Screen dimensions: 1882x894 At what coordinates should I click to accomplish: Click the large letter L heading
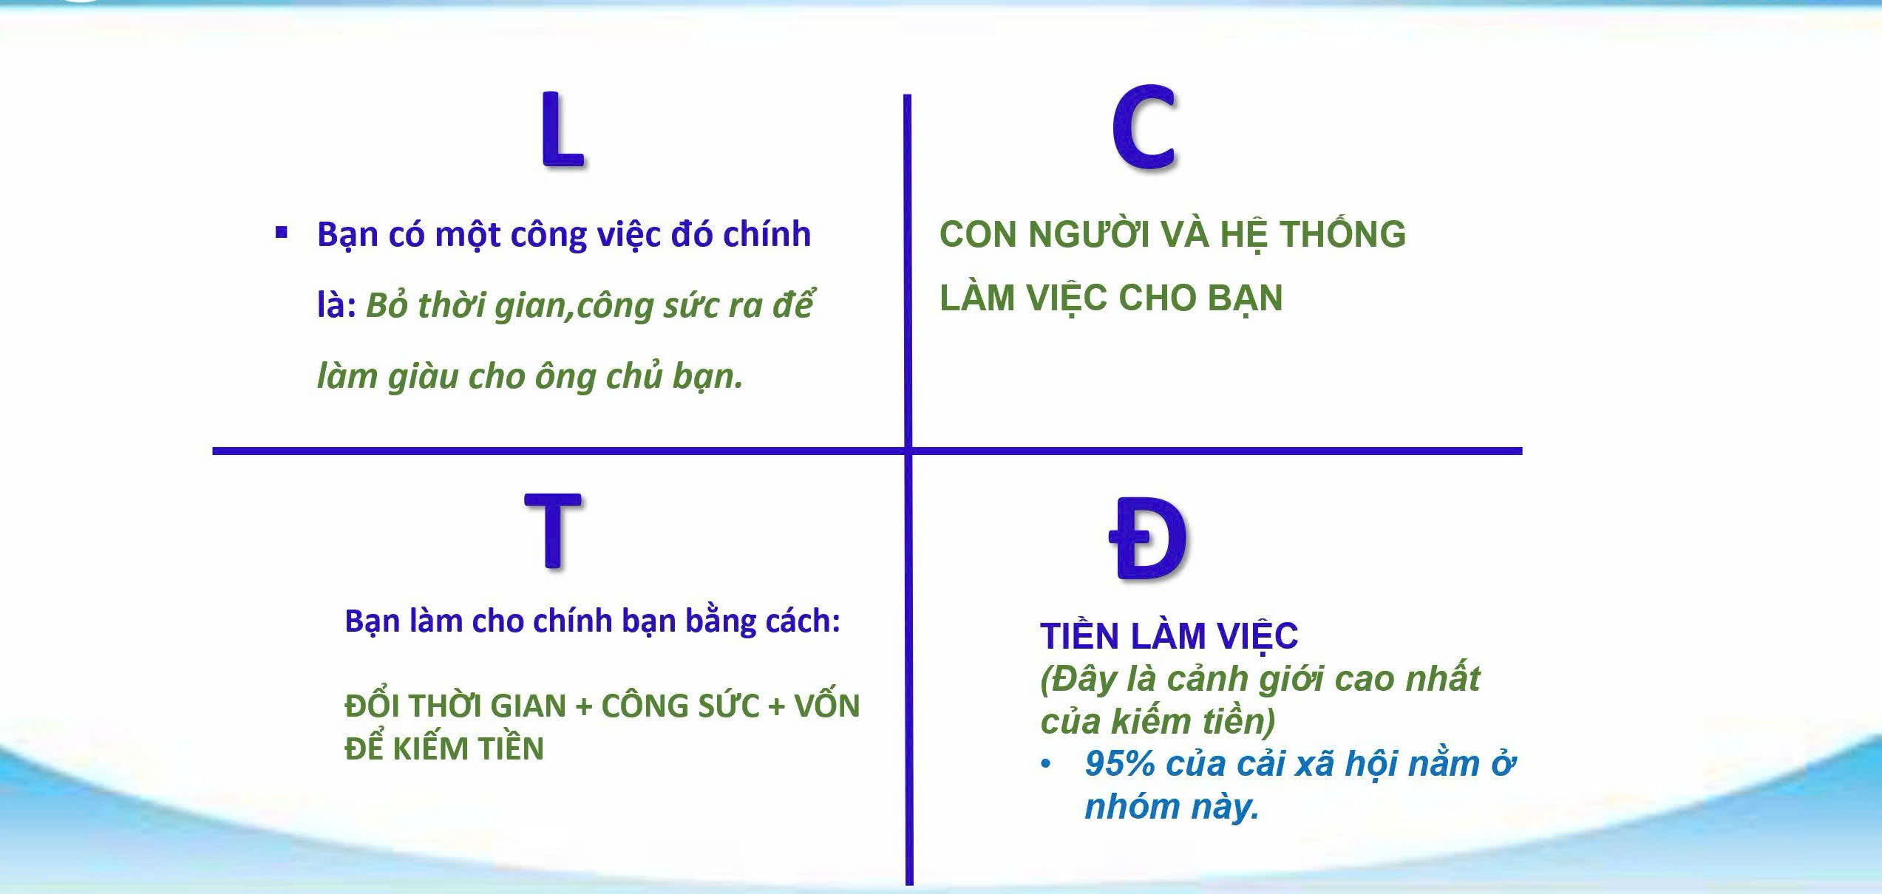pyautogui.click(x=562, y=129)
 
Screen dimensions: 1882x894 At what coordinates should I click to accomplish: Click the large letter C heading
pyautogui.click(x=1144, y=127)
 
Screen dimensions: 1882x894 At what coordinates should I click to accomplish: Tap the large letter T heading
pyautogui.click(x=552, y=530)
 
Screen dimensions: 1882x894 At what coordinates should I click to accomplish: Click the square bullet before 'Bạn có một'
pyautogui.click(x=281, y=233)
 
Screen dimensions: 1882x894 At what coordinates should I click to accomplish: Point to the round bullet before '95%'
pyautogui.click(x=1045, y=765)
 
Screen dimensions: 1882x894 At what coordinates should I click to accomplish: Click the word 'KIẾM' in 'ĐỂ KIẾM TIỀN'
pyautogui.click(x=431, y=748)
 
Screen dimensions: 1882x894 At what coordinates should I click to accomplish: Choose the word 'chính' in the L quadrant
pyautogui.click(x=767, y=235)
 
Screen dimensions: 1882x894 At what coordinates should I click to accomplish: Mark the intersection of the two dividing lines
pyautogui.click(x=908, y=451)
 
